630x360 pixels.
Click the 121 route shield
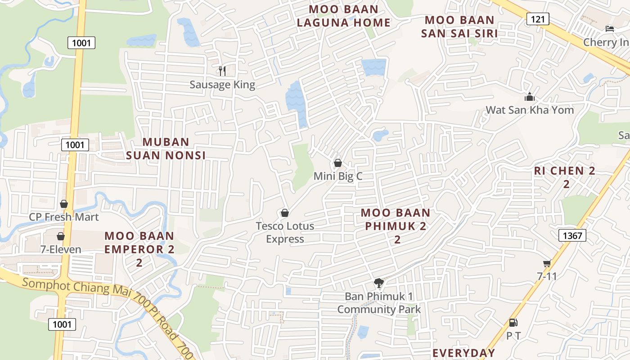[536, 19]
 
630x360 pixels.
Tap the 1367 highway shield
[572, 235]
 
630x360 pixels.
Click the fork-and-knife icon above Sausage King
[222, 71]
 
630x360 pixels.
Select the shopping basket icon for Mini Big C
[337, 163]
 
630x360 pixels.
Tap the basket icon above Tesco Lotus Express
[284, 212]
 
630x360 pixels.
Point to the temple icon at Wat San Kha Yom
[529, 97]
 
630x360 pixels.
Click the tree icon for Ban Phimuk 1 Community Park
[379, 283]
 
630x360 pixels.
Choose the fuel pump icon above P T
[513, 322]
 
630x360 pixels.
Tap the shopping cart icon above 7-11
[547, 263]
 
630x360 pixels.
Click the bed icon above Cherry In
[610, 29]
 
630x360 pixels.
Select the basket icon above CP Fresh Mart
[64, 204]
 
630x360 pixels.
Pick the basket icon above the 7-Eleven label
[61, 236]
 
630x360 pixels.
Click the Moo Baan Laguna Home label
[343, 16]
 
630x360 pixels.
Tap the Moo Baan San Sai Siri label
[459, 27]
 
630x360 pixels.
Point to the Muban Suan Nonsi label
[166, 148]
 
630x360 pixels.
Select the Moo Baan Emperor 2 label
[139, 249]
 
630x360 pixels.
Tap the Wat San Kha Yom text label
[530, 110]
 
